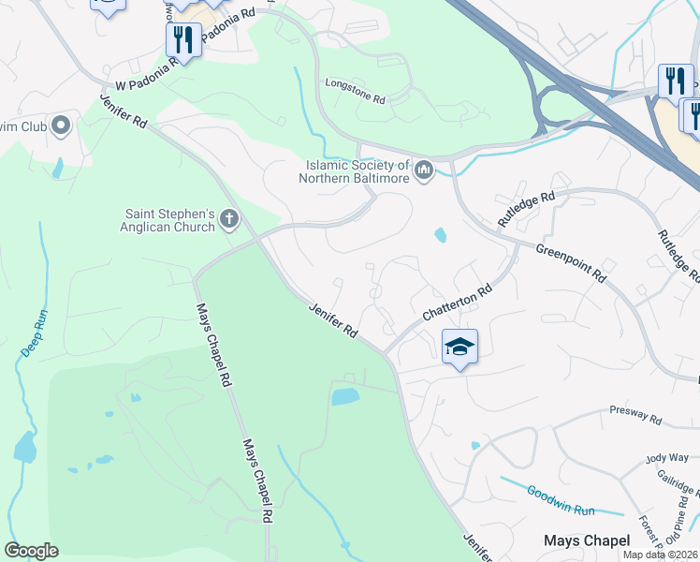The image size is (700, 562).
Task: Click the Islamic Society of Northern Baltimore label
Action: coord(357,170)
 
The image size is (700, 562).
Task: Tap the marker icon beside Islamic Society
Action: coord(424,170)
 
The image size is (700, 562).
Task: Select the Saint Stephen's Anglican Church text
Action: coord(169,219)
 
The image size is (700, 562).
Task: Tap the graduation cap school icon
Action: coord(459,348)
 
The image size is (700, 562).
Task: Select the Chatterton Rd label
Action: coord(457,304)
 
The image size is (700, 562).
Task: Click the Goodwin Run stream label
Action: coord(561,500)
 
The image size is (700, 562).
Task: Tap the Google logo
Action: coord(31,551)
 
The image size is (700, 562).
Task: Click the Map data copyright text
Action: coord(661,555)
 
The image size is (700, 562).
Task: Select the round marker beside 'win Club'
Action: coord(63,125)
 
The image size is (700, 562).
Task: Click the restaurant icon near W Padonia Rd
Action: coord(181,39)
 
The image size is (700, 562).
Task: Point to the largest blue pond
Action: coord(345,396)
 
